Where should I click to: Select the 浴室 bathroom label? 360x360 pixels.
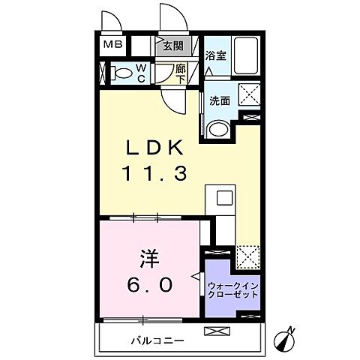pyautogui.click(x=217, y=54)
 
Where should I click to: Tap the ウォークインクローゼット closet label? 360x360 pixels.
pyautogui.click(x=233, y=289)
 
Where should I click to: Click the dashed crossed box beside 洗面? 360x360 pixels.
pyautogui.click(x=249, y=94)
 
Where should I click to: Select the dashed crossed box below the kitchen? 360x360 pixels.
pyautogui.click(x=247, y=256)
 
